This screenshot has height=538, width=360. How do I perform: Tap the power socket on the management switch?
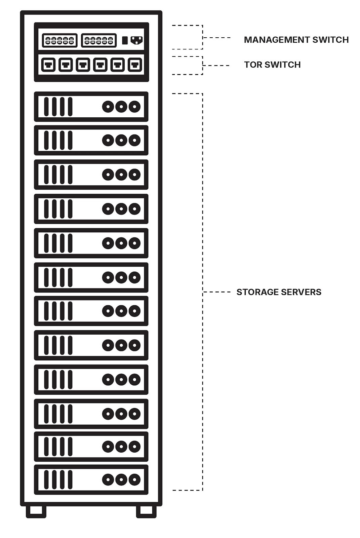136,40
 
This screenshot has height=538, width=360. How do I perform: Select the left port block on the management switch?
60,40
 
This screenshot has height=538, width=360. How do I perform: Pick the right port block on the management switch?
99,40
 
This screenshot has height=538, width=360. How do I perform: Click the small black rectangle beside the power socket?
125,40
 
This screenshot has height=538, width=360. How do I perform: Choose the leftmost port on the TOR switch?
48,65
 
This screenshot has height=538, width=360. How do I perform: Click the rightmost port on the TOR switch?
135,65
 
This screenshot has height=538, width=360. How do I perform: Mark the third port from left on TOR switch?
83,65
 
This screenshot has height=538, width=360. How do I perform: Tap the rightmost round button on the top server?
134,107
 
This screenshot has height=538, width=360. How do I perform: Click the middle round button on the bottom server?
121,479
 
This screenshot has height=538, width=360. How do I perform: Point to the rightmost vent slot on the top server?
70,107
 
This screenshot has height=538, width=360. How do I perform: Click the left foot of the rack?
36,511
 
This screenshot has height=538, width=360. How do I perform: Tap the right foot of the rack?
146,511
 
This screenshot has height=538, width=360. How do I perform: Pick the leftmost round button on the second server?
108,140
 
